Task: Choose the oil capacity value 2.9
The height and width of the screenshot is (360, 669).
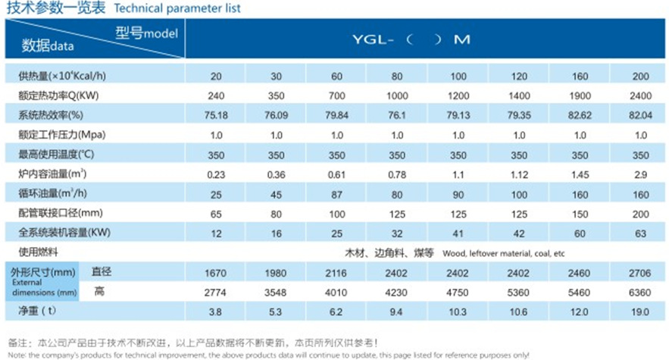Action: [640, 174]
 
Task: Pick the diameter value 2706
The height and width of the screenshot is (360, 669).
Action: [640, 271]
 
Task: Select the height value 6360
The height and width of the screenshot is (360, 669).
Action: [640, 290]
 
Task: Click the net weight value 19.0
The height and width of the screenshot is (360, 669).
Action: [640, 311]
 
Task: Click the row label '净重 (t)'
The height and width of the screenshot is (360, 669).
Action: [38, 311]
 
